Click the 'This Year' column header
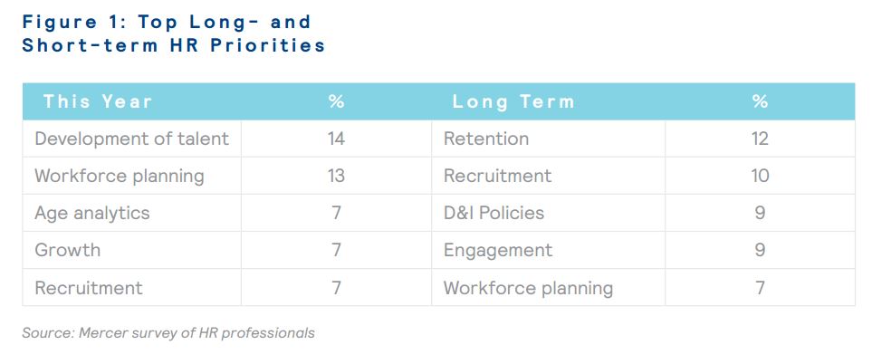[97, 101]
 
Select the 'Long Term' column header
[513, 102]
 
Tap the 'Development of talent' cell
[132, 139]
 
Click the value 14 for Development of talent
[336, 139]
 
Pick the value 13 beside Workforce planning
[336, 176]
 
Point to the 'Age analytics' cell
[91, 214]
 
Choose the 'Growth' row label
[67, 250]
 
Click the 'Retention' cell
[486, 139]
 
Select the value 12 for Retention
[760, 139]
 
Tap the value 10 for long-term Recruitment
[760, 176]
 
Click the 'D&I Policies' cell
[493, 213]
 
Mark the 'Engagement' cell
[498, 251]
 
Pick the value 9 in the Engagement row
[760, 250]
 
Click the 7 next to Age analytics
[336, 213]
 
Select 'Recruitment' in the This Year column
[89, 288]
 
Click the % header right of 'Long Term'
[760, 101]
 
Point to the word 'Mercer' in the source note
[99, 333]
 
